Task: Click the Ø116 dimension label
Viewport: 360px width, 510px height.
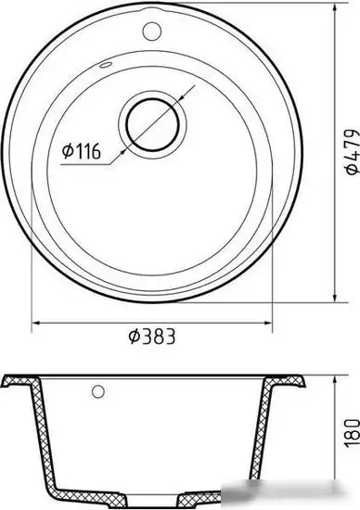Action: pos(82,151)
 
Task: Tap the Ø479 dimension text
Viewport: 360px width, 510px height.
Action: pos(353,152)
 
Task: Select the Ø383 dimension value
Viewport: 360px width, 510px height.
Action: pos(152,337)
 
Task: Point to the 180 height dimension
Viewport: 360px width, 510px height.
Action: pos(353,433)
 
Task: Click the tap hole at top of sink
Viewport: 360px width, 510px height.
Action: pos(151,31)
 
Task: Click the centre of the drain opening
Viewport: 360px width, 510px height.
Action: pos(152,125)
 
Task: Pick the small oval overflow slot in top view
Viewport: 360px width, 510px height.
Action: pos(106,65)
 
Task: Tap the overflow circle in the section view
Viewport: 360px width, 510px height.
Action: pos(98,391)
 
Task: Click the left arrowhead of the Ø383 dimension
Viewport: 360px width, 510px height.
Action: pos(36,323)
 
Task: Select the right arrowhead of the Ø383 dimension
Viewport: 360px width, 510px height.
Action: pos(267,323)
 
